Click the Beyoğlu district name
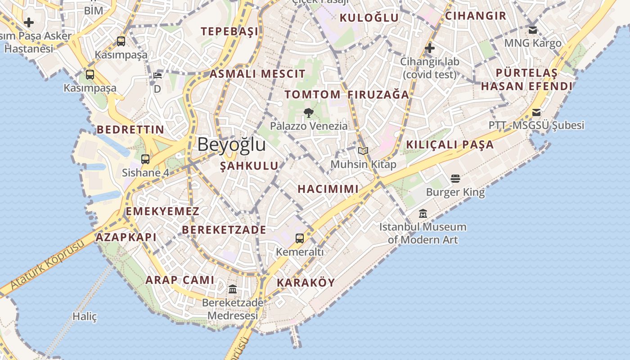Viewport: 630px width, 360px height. click(231, 145)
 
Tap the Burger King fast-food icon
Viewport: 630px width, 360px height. click(455, 179)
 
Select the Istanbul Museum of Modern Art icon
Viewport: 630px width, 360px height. click(423, 213)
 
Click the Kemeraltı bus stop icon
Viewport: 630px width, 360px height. click(300, 238)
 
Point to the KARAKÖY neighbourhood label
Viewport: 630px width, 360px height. click(306, 283)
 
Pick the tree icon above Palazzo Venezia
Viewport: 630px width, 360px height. click(309, 112)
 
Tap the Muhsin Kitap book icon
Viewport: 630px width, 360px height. click(363, 151)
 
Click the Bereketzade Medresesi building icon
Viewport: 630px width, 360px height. click(233, 289)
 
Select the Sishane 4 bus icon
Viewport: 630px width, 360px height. click(145, 159)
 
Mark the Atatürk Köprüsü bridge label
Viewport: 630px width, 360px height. click(47, 265)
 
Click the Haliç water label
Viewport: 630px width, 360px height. click(85, 316)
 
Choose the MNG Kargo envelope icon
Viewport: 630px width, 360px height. click(533, 30)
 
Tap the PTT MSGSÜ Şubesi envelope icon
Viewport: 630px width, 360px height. click(536, 112)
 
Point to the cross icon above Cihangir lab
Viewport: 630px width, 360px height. click(430, 48)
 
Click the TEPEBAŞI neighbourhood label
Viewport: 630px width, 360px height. click(229, 31)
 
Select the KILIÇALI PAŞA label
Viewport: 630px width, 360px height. click(450, 144)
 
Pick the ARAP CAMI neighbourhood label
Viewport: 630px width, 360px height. click(180, 280)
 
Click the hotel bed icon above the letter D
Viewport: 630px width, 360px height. click(157, 75)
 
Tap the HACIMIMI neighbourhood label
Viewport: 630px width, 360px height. click(328, 189)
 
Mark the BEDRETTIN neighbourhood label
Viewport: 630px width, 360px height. click(130, 130)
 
